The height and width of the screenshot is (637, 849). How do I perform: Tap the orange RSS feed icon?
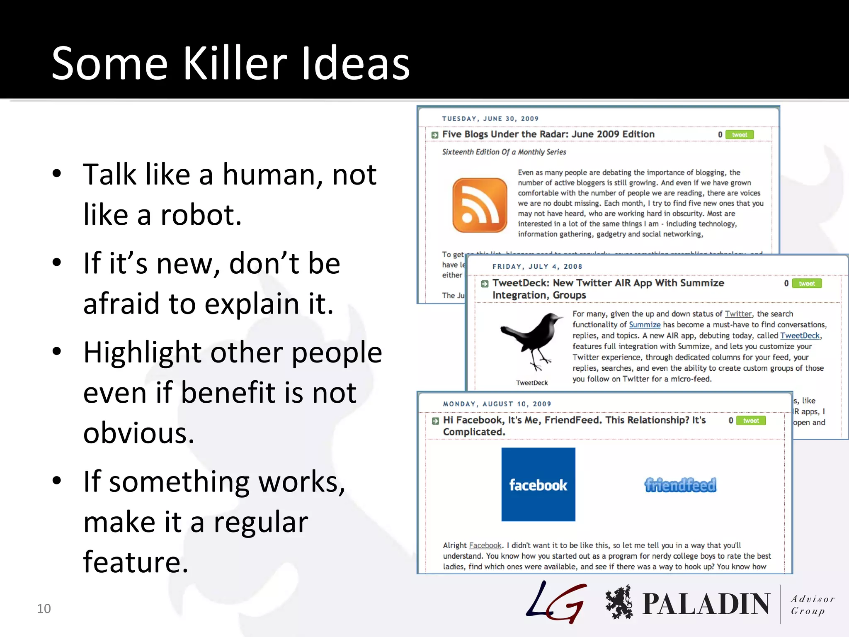pyautogui.click(x=480, y=205)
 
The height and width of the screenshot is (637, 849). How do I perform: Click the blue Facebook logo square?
pyautogui.click(x=538, y=484)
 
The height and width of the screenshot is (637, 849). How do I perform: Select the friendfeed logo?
pyautogui.click(x=680, y=485)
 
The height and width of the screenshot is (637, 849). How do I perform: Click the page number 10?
pyautogui.click(x=44, y=608)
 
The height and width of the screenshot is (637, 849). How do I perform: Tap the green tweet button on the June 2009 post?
pyautogui.click(x=740, y=135)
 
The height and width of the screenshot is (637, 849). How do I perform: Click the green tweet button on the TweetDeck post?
pyautogui.click(x=807, y=284)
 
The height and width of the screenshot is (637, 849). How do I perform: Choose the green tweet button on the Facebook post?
pyautogui.click(x=751, y=421)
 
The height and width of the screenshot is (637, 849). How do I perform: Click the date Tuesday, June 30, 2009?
pyautogui.click(x=490, y=119)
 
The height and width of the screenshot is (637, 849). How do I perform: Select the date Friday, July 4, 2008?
pyautogui.click(x=537, y=267)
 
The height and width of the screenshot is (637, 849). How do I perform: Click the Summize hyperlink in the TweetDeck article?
pyautogui.click(x=645, y=325)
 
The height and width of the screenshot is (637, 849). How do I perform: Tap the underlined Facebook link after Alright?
pyautogui.click(x=485, y=545)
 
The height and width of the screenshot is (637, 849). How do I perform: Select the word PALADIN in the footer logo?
pyautogui.click(x=706, y=604)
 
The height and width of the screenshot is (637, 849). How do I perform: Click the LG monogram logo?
pyautogui.click(x=556, y=602)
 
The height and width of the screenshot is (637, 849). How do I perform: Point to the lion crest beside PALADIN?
pyautogui.click(x=619, y=602)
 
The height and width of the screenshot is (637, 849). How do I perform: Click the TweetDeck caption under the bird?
pyautogui.click(x=532, y=383)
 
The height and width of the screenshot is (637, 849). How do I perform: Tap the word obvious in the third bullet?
pyautogui.click(x=138, y=433)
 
